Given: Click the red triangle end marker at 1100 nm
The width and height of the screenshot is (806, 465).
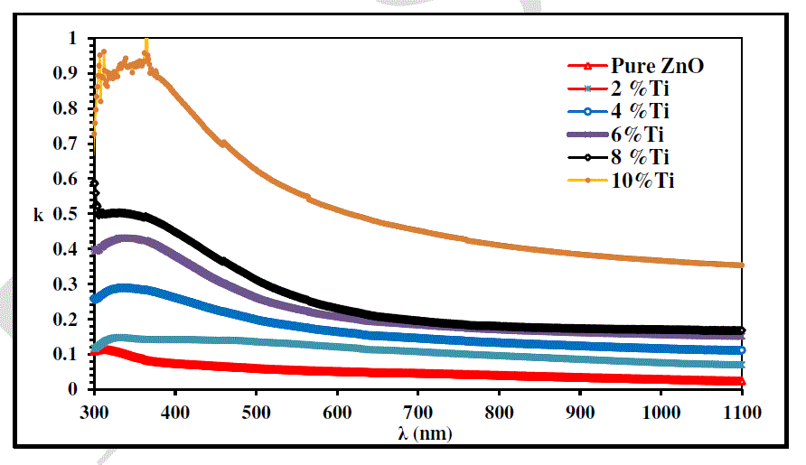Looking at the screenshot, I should click(x=741, y=381).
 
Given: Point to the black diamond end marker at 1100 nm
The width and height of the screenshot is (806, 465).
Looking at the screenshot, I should click(x=741, y=330).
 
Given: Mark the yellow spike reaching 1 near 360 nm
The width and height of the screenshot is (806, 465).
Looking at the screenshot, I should click(x=146, y=45).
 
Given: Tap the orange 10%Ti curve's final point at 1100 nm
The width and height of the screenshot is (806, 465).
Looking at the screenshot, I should click(x=741, y=265).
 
